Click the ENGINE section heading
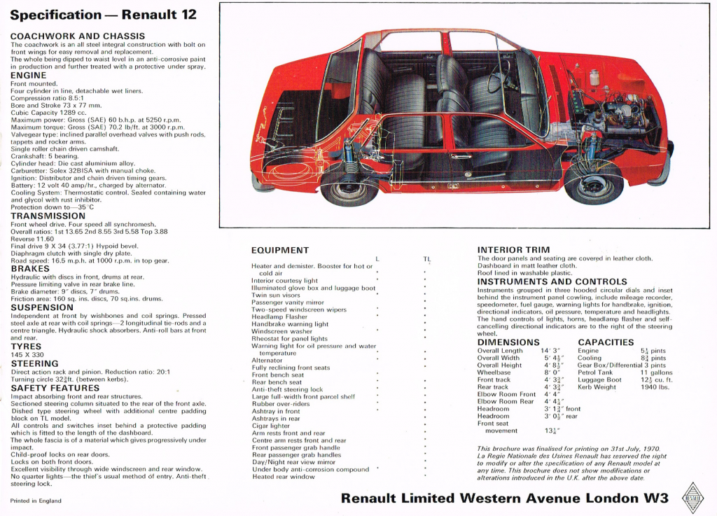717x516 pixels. point(29,75)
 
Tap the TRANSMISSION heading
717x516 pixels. point(48,216)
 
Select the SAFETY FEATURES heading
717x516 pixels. point(55,388)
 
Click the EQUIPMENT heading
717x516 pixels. point(280,250)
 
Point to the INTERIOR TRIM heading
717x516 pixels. point(513,249)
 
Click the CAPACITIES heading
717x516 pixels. point(606,342)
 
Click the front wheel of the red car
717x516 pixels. point(594,184)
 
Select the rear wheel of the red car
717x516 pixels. point(349,188)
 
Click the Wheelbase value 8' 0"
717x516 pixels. point(552,372)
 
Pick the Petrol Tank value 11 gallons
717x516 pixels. point(656,372)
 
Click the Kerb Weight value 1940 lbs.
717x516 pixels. point(655,387)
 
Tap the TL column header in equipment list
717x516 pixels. point(426,259)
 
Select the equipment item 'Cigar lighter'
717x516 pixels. point(271,426)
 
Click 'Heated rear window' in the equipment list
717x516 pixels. point(284,477)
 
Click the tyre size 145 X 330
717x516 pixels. point(28,355)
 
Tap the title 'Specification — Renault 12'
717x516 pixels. point(103,15)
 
